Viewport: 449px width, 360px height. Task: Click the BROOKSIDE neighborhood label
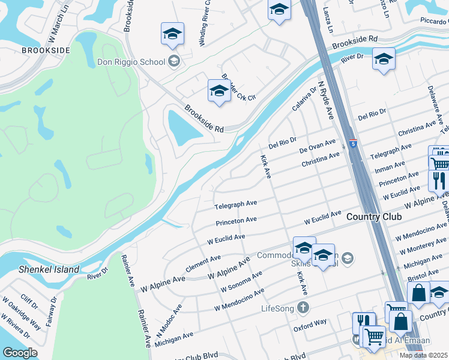point(46,51)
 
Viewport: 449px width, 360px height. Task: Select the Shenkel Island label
point(49,269)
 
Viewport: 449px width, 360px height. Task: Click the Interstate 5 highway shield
point(354,144)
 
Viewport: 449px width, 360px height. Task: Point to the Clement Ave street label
point(203,263)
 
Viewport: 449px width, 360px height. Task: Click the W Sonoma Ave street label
point(241,280)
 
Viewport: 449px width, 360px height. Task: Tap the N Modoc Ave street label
point(169,321)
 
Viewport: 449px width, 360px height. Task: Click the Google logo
point(20,353)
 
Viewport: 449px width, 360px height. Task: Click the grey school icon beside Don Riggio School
point(174,61)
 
